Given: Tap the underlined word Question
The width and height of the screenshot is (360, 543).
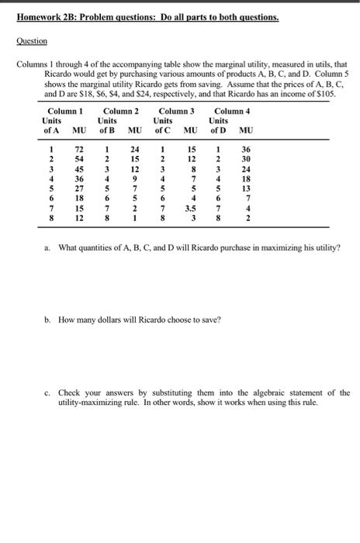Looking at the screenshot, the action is [x=32, y=40].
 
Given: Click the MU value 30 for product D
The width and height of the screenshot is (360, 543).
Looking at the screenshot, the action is [x=246, y=159].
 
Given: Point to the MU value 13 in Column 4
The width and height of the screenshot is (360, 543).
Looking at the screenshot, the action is [x=246, y=188].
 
